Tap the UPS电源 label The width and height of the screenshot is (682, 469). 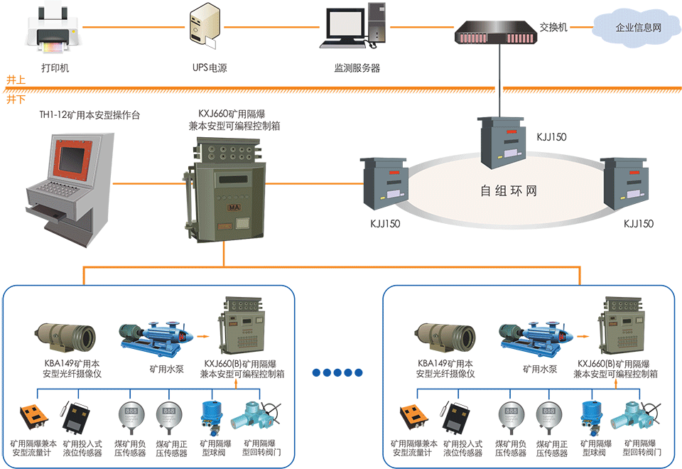point(210,69)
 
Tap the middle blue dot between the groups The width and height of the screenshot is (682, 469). point(336,372)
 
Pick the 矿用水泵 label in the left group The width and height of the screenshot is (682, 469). point(163,370)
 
